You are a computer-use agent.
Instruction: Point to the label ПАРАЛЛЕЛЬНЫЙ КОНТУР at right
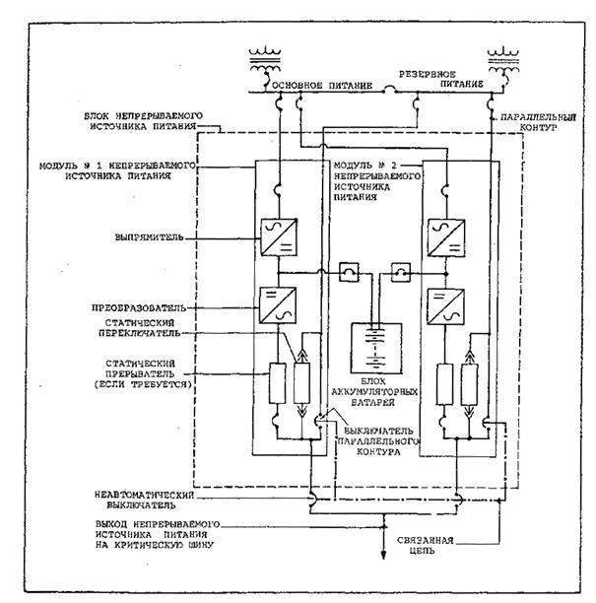(535, 126)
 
